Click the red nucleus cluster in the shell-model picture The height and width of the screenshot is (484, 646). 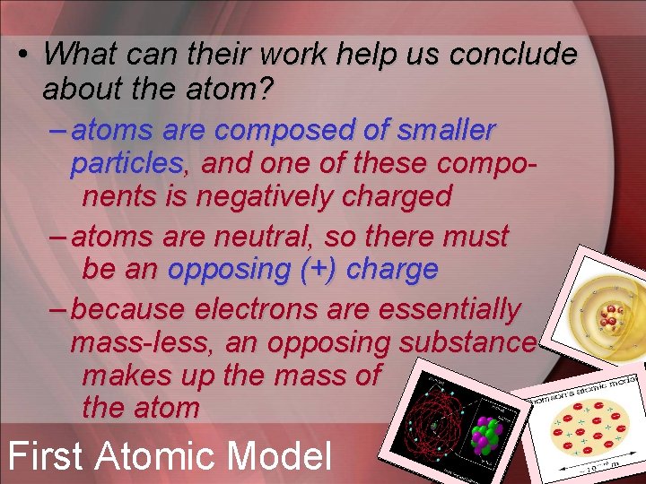pyautogui.click(x=611, y=315)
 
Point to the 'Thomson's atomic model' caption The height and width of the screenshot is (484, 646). pyautogui.click(x=584, y=391)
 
